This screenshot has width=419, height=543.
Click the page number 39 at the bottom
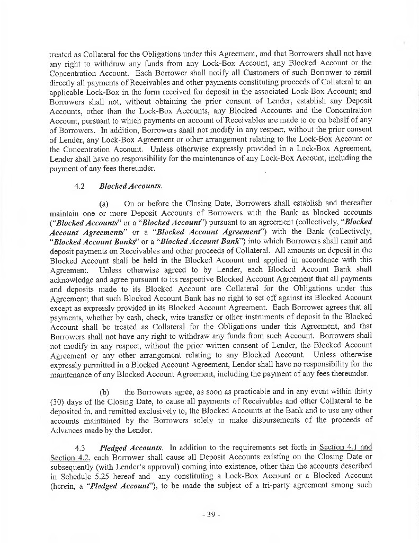tap(210, 515)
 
